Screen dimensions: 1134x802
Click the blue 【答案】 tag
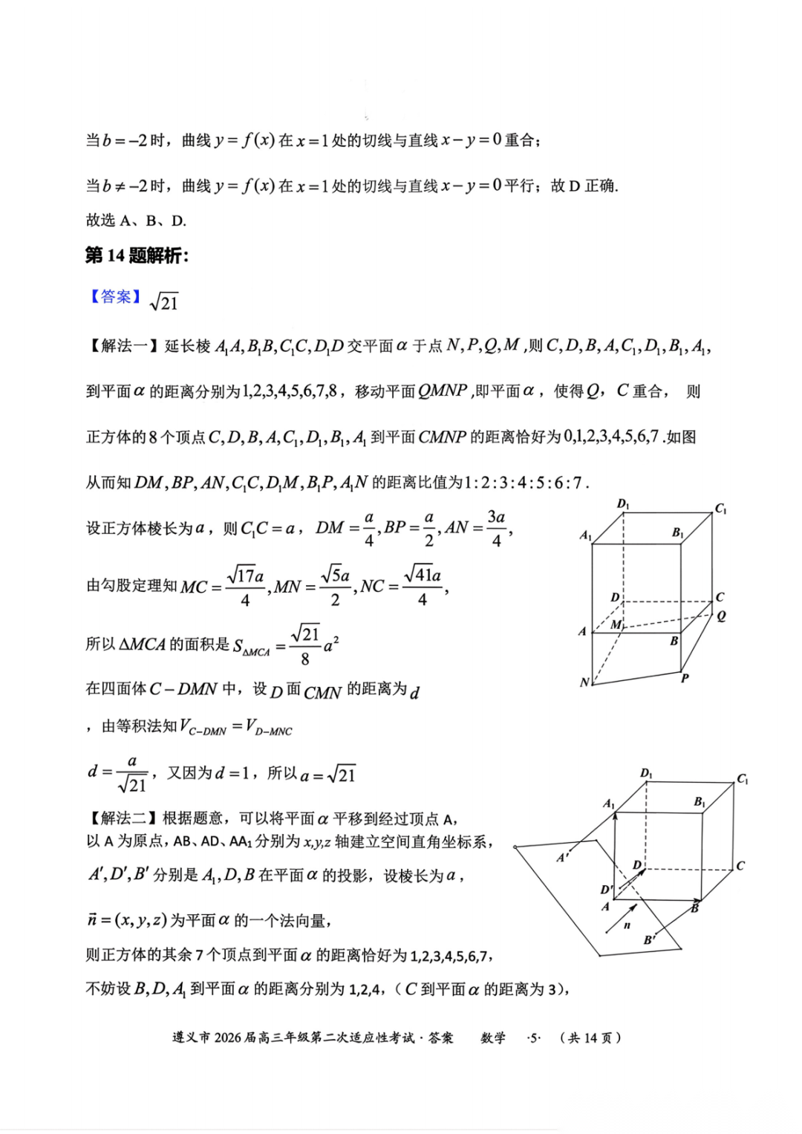click(x=114, y=297)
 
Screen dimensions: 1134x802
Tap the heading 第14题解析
click(x=137, y=256)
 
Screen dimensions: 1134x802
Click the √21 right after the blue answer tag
click(x=164, y=302)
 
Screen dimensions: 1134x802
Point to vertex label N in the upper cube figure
click(x=584, y=682)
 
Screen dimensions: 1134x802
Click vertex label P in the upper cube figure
click(x=685, y=678)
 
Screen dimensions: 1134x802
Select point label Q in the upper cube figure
click(x=721, y=616)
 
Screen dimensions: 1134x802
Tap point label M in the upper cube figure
click(x=616, y=625)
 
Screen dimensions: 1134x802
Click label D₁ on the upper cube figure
click(x=623, y=504)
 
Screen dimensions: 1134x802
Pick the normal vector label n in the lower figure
click(x=627, y=925)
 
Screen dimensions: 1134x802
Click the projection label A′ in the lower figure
click(x=563, y=858)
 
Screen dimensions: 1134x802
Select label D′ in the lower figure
click(x=607, y=890)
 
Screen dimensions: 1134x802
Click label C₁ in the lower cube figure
click(x=743, y=779)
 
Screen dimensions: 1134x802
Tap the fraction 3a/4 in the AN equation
click(x=496, y=528)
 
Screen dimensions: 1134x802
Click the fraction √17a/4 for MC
click(x=246, y=587)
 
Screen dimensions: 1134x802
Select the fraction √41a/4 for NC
click(x=423, y=587)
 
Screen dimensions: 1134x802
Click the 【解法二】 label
click(x=123, y=818)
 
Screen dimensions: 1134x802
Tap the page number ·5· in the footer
click(x=534, y=1037)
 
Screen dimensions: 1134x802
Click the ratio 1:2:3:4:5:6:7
click(x=526, y=483)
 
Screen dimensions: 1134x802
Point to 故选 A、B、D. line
click(x=136, y=221)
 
